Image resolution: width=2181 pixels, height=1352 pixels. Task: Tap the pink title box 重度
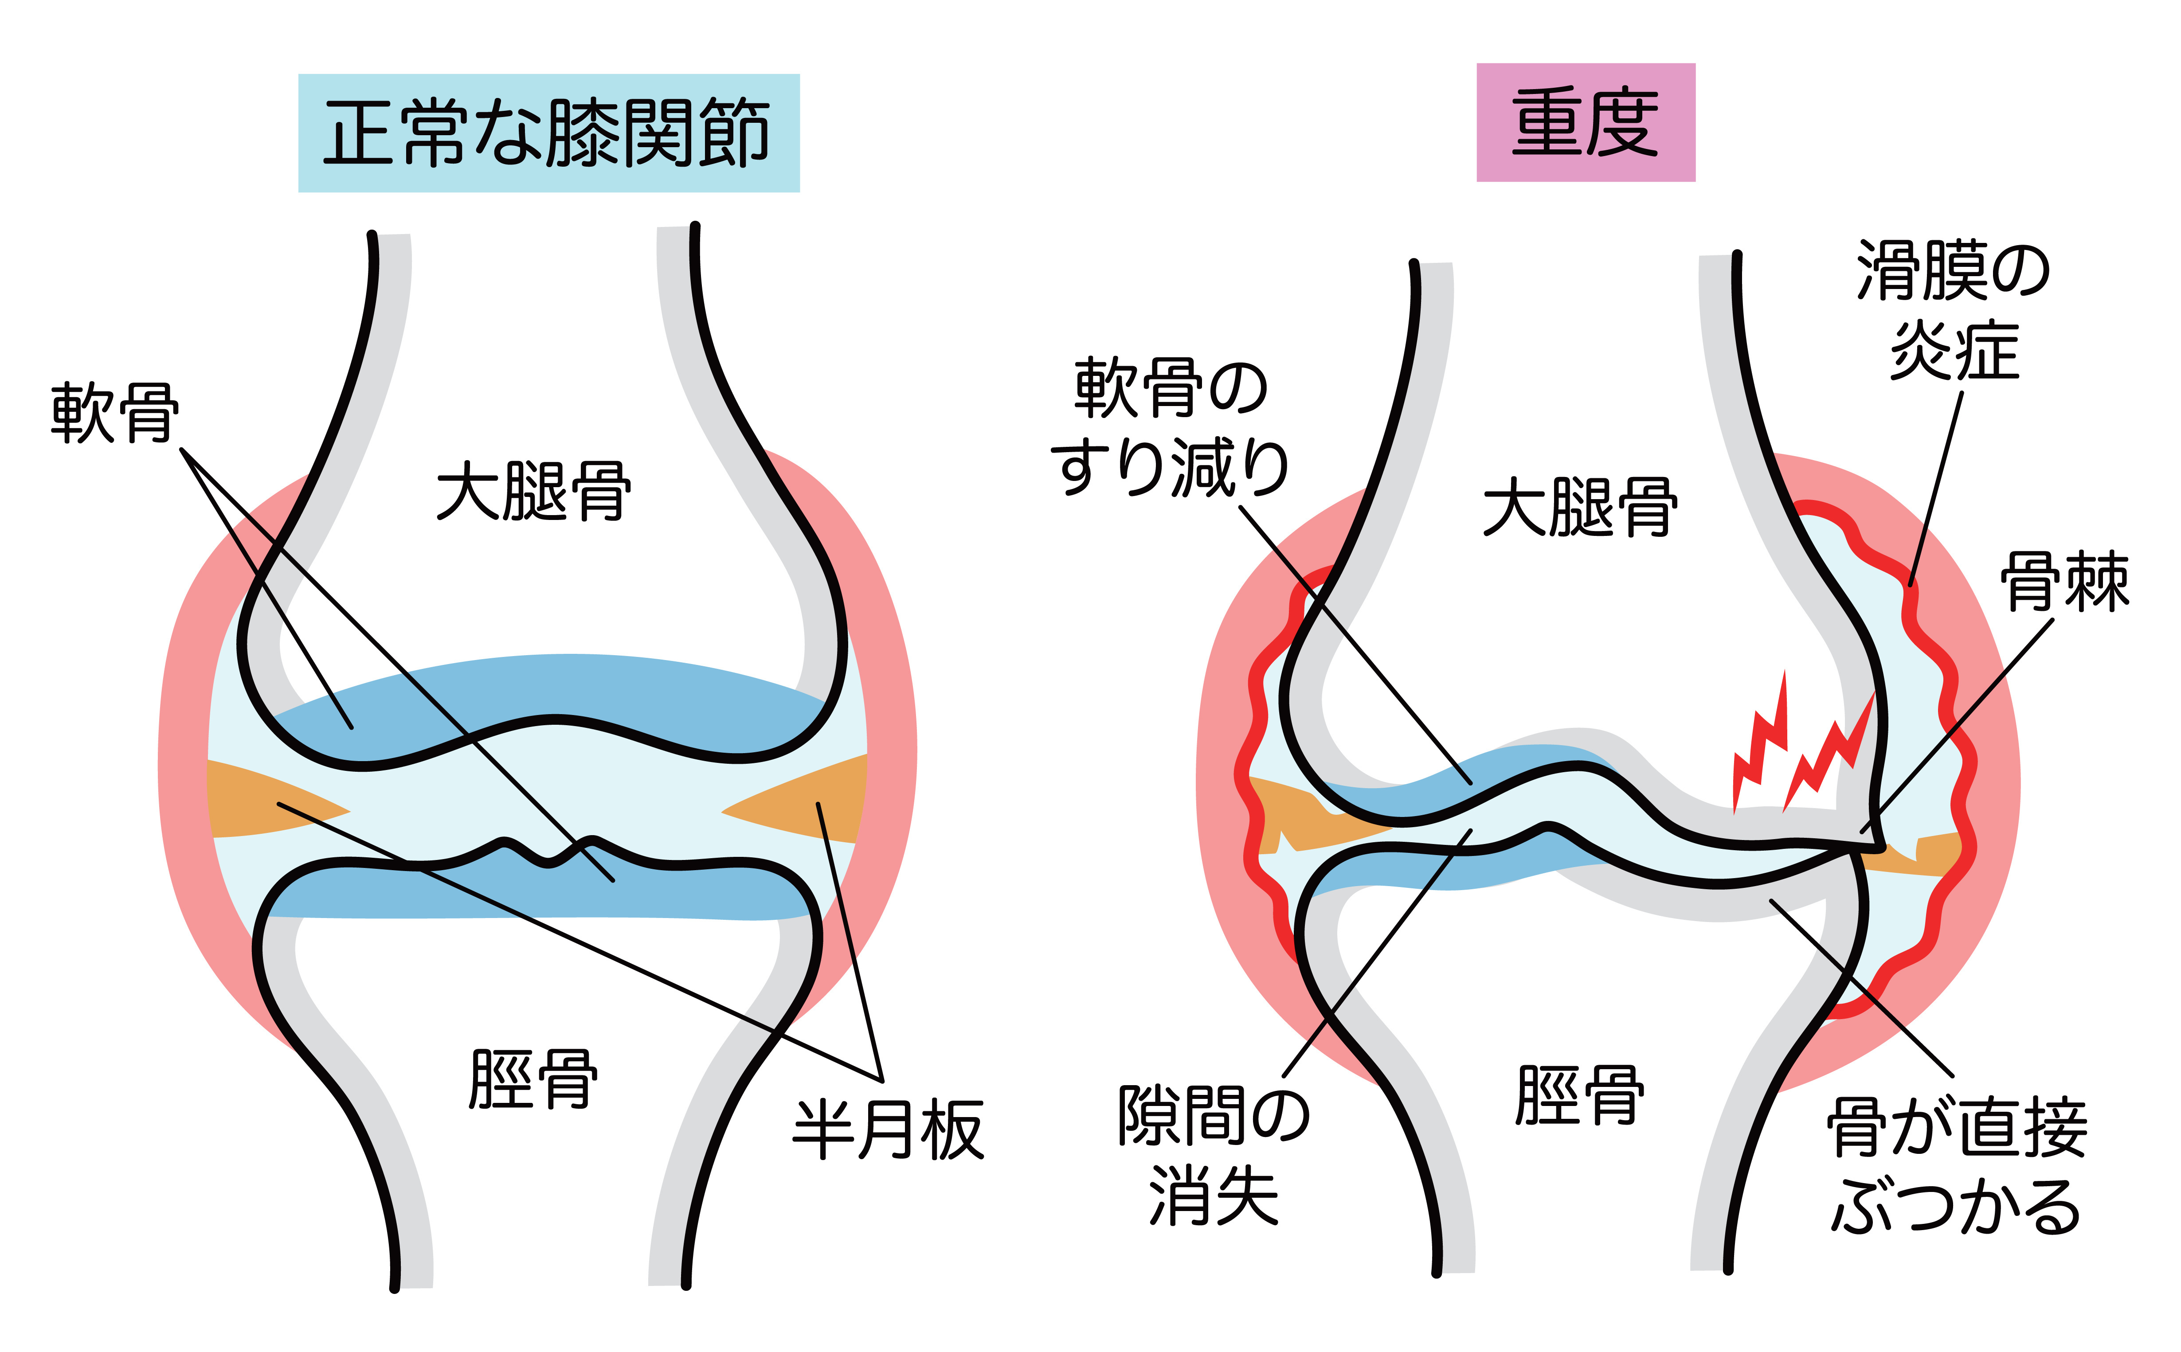tap(1585, 122)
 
